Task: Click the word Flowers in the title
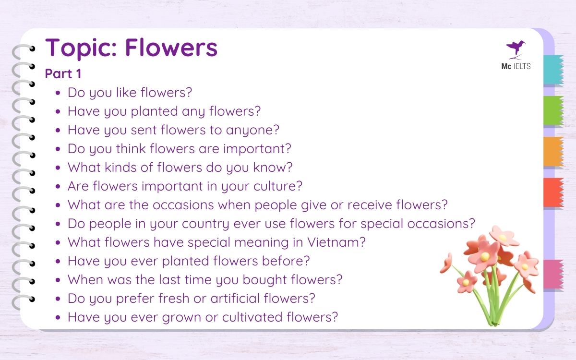click(171, 48)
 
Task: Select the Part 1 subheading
click(63, 74)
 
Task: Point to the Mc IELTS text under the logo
click(516, 67)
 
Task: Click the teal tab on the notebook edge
click(553, 70)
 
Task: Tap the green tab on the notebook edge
click(553, 111)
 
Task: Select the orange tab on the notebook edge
click(553, 152)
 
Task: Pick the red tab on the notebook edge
click(553, 192)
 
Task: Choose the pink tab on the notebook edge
click(553, 274)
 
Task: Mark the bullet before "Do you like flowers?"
click(59, 93)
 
